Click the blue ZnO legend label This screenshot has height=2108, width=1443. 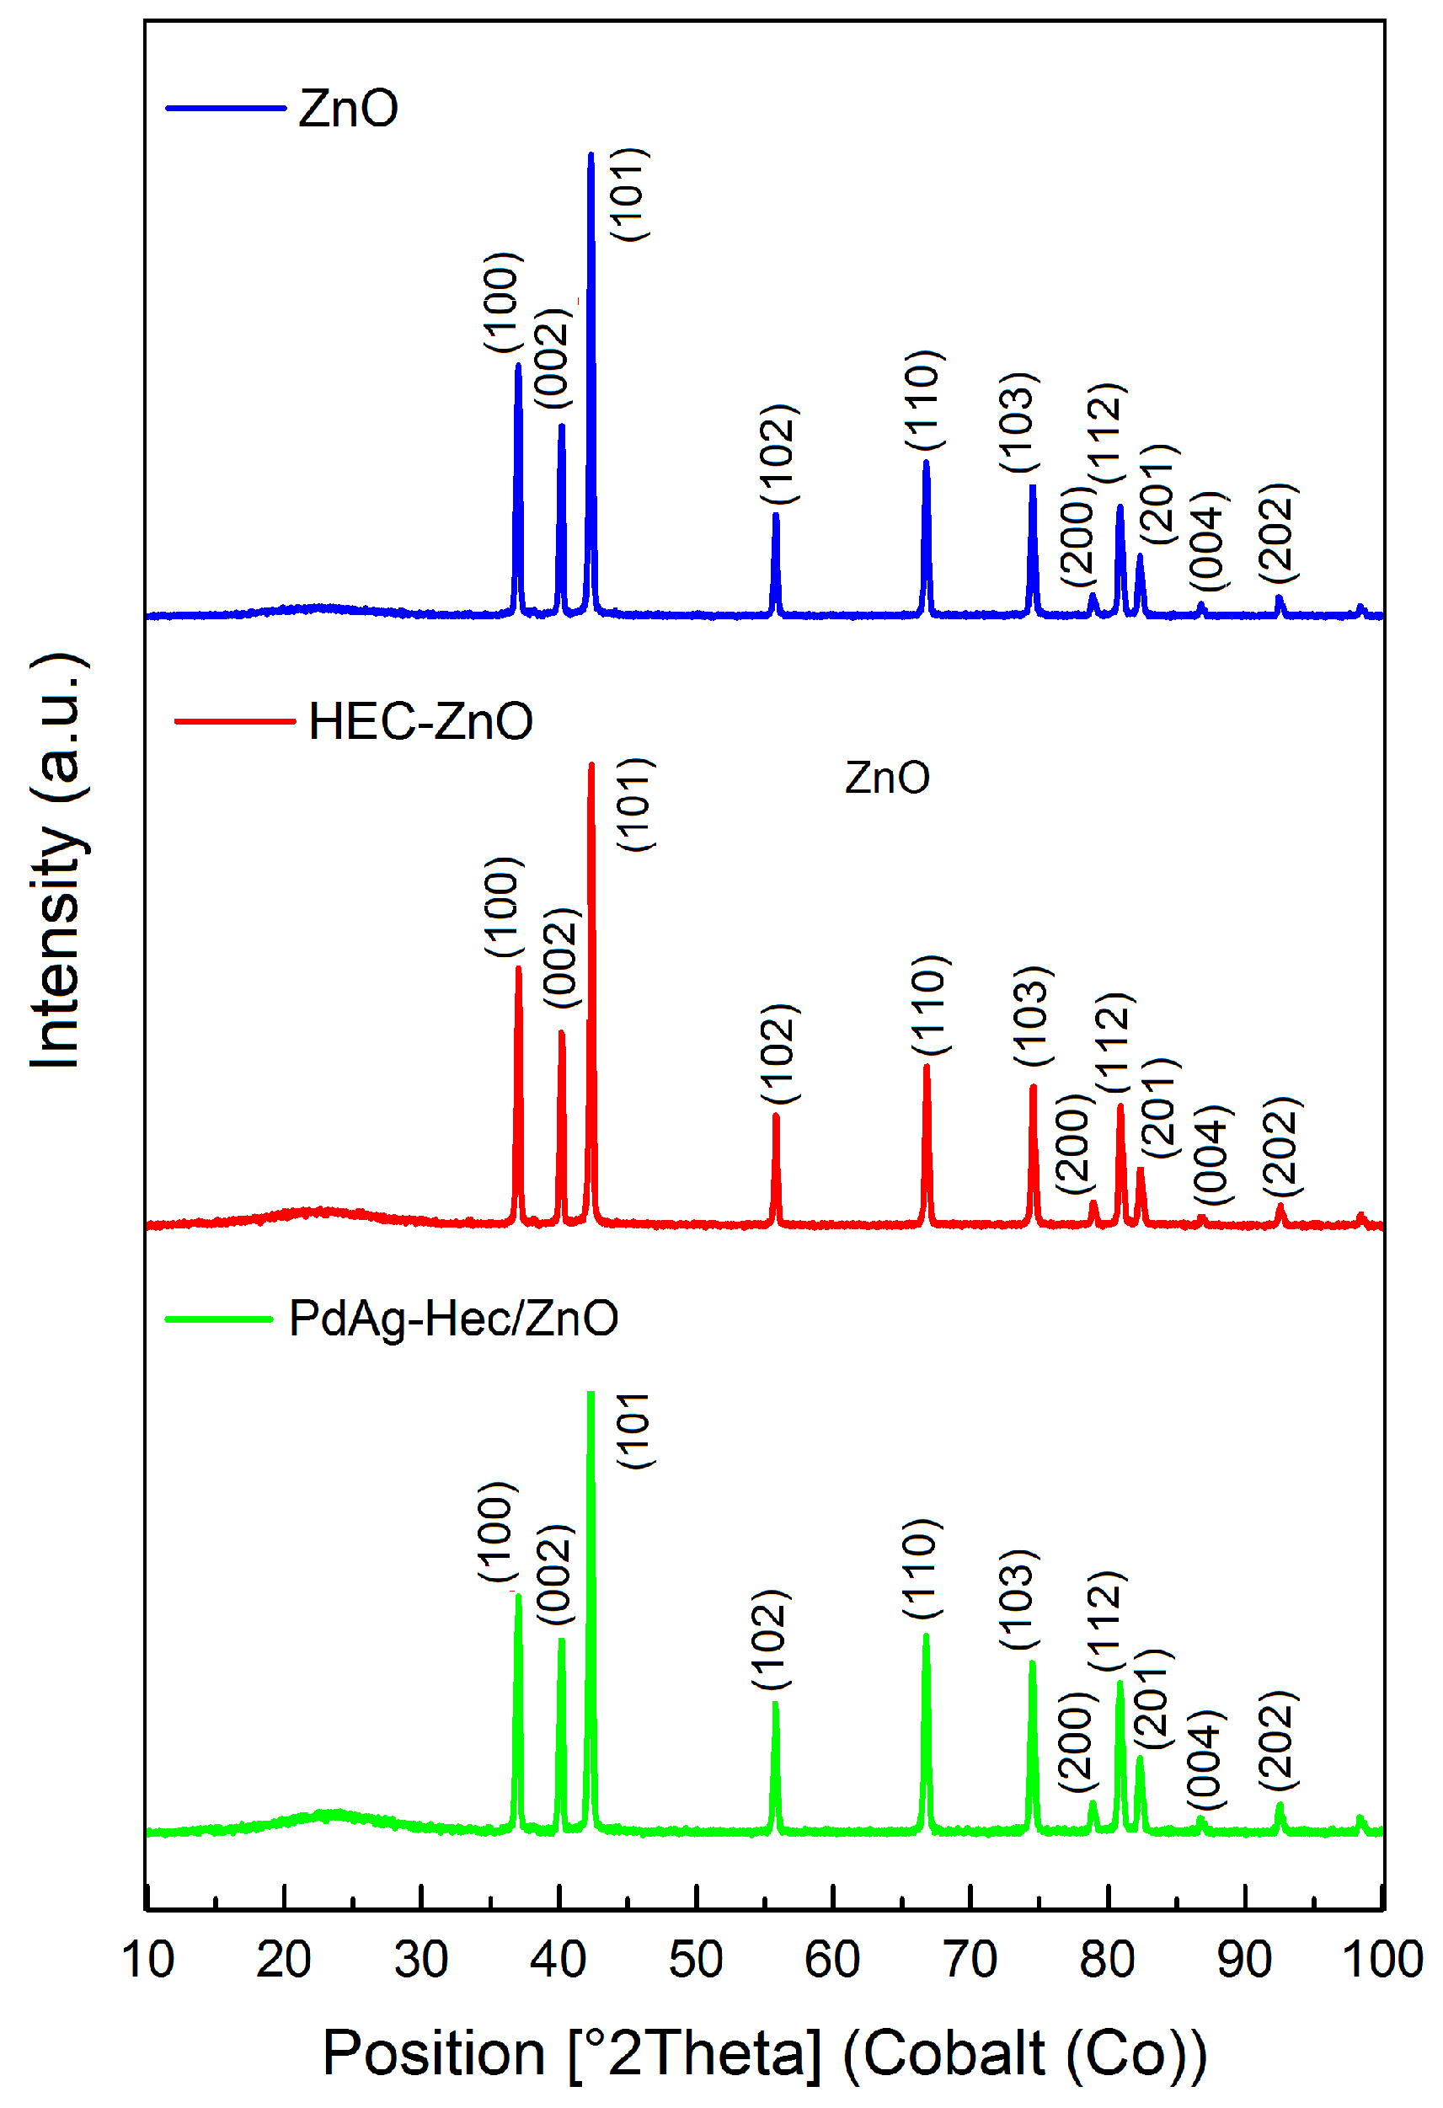[x=348, y=109]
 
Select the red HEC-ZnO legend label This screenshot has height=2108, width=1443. [x=420, y=722]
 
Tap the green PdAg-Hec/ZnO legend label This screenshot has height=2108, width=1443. [x=452, y=1319]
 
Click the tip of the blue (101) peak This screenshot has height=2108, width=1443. [x=591, y=155]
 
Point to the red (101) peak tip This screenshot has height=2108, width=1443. [x=592, y=766]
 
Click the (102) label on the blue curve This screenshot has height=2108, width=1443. [x=778, y=454]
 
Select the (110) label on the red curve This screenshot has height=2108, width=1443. [x=930, y=1005]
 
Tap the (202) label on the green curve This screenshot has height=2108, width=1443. [x=1279, y=1740]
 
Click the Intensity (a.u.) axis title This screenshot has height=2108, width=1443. [x=56, y=861]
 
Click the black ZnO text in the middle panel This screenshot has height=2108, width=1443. [x=887, y=778]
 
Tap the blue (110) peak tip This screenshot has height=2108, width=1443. [x=926, y=463]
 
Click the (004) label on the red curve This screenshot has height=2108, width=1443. [x=1211, y=1156]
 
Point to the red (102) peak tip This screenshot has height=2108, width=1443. [x=776, y=1116]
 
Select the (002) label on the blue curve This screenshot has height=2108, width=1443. [x=553, y=358]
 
